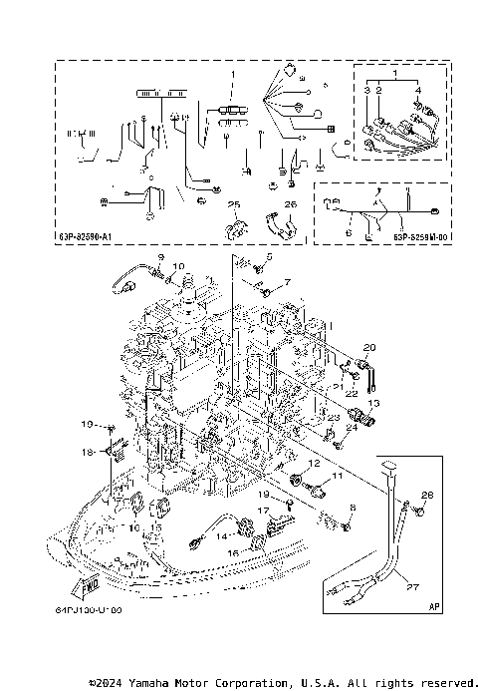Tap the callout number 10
[179, 266]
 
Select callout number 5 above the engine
[268, 258]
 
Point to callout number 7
[287, 283]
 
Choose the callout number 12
[313, 465]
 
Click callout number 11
[336, 479]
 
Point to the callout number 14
[221, 536]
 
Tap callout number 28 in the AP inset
[428, 496]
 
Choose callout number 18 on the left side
[87, 453]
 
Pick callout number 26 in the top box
[291, 203]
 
